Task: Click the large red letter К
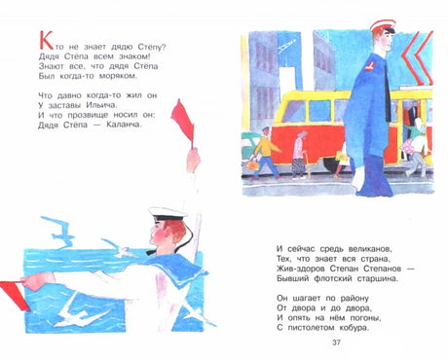46,40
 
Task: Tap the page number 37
336,342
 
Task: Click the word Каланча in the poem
125,125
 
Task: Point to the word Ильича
100,105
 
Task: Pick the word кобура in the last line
355,328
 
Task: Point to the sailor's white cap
168,212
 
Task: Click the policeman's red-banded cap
383,26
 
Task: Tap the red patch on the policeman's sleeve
369,66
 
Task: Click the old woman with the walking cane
300,155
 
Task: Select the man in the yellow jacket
267,153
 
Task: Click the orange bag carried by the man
253,164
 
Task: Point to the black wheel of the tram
332,164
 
